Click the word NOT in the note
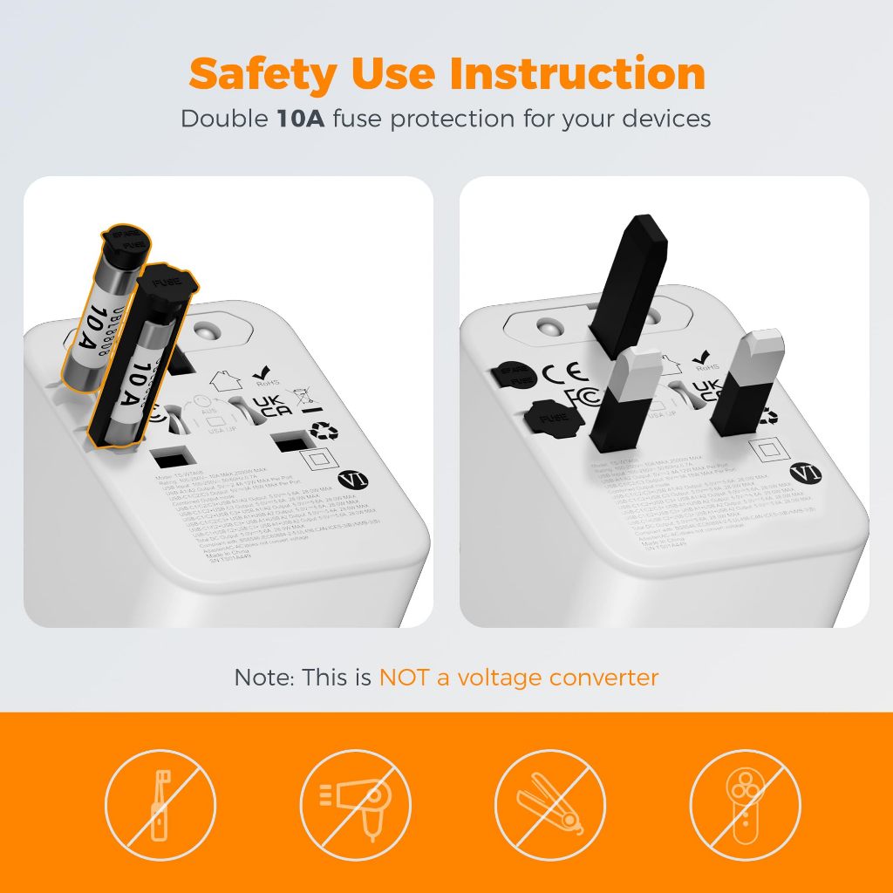(405, 677)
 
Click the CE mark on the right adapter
(560, 374)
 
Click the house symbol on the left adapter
(226, 381)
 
